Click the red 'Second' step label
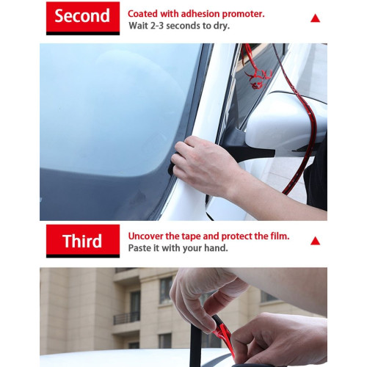pyautogui.click(x=82, y=16)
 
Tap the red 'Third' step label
pyautogui.click(x=82, y=240)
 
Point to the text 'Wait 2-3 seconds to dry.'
pyautogui.click(x=178, y=26)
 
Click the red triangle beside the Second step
pyautogui.click(x=315, y=18)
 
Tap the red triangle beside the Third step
pyautogui.click(x=315, y=240)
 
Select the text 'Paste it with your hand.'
pyautogui.click(x=178, y=249)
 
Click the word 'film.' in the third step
pyautogui.click(x=277, y=236)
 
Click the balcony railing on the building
pyautogui.click(x=126, y=318)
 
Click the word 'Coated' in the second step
pyautogui.click(x=144, y=14)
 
